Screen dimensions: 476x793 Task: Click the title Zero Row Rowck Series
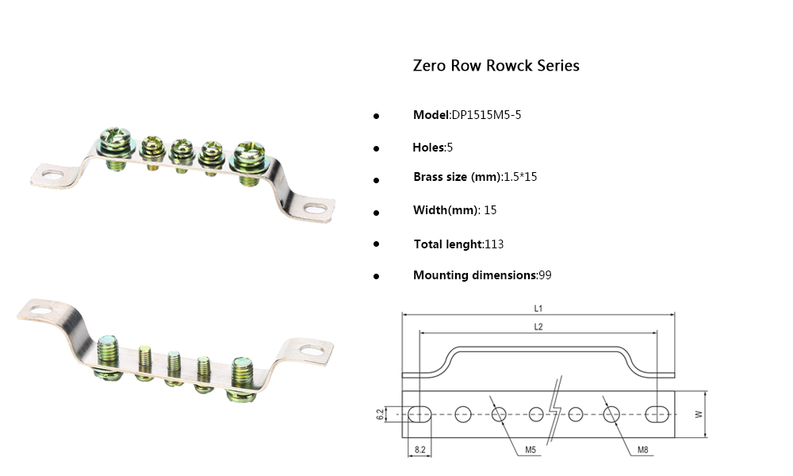[496, 66]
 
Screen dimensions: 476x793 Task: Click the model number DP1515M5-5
[486, 115]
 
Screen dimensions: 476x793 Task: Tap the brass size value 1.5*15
[520, 177]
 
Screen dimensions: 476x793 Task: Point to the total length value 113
[494, 244]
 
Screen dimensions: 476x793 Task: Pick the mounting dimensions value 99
[545, 275]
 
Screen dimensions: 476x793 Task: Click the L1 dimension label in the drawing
[538, 308]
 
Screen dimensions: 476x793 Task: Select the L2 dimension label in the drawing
[538, 326]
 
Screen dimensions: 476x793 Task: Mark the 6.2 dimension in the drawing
[380, 413]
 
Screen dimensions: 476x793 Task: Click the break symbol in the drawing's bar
[557, 413]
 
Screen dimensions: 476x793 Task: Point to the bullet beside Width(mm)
[377, 213]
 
